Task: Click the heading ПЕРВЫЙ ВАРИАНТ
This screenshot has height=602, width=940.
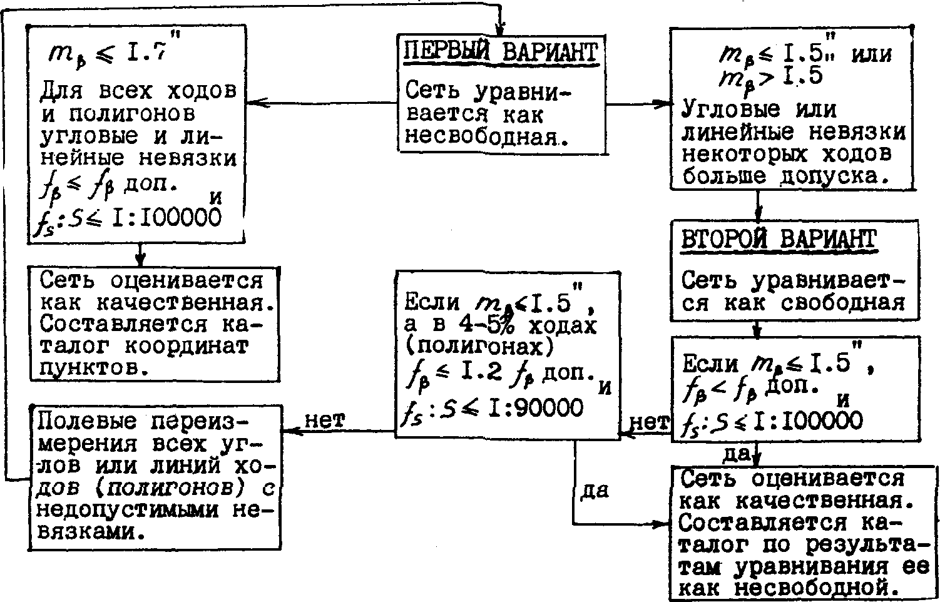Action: click(x=500, y=53)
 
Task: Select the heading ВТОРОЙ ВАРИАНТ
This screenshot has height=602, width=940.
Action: click(x=779, y=240)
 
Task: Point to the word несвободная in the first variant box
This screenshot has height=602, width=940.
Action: click(x=487, y=137)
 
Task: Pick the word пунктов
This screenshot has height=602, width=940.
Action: click(x=95, y=369)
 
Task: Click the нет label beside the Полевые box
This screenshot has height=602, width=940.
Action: click(x=325, y=420)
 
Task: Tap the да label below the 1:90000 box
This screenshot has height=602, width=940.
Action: click(x=595, y=490)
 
